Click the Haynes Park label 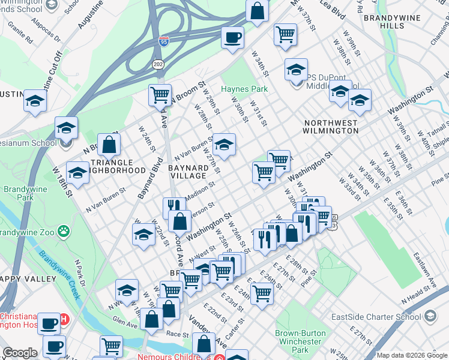(244, 89)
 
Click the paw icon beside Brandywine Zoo (64, 230)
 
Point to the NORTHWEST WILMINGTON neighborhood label (330, 127)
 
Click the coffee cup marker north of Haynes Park (232, 38)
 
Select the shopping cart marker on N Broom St (160, 95)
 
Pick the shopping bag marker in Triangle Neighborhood (109, 145)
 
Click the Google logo (20, 353)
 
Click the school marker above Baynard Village (224, 145)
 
